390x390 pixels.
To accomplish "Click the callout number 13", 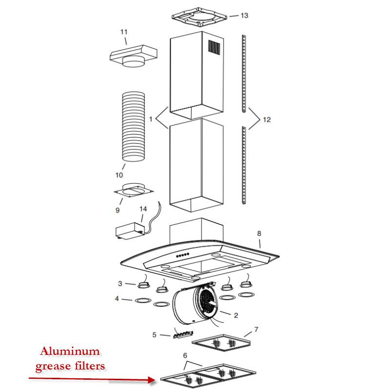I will (x=244, y=16).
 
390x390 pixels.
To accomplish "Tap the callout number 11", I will (x=124, y=32).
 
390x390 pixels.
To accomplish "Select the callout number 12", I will (x=266, y=119).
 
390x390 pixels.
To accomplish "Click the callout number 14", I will (x=143, y=209).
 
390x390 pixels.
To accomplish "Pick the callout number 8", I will (x=259, y=234).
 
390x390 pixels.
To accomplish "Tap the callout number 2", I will (x=235, y=315).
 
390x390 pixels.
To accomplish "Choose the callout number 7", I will (x=256, y=330).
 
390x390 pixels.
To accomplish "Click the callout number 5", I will (x=154, y=335).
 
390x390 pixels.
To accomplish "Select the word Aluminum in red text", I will (x=70, y=351).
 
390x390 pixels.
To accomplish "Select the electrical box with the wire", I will (x=129, y=231).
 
